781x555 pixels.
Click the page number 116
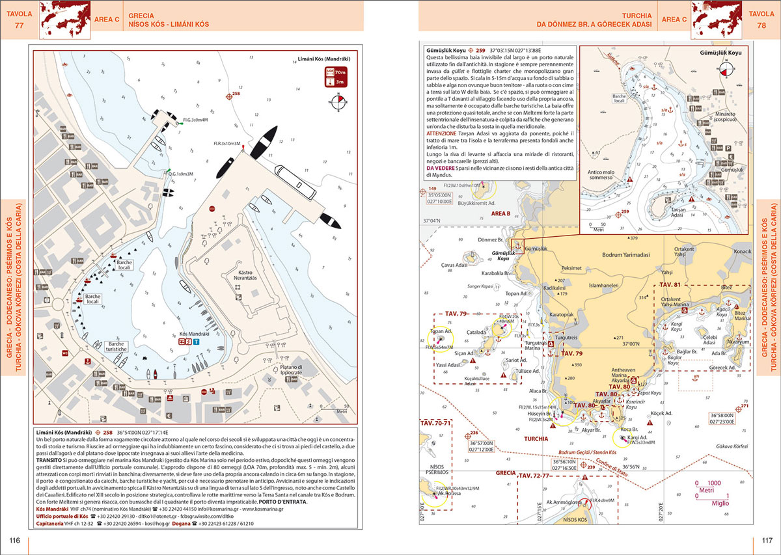[x=15, y=541]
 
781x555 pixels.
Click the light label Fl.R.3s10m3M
[x=226, y=142]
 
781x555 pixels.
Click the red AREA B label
[x=500, y=213]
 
